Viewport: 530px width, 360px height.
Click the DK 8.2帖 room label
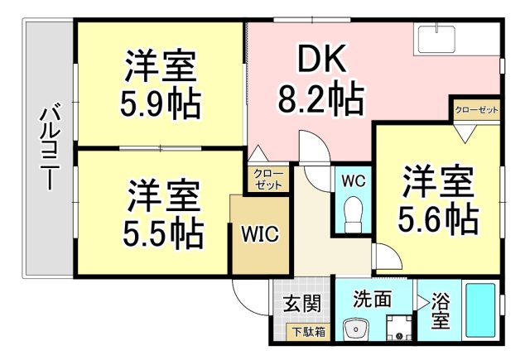[x=320, y=80]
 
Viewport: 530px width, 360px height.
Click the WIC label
[x=259, y=235]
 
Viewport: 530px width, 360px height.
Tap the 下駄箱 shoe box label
[x=307, y=332]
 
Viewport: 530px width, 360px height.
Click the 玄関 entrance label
[x=301, y=303]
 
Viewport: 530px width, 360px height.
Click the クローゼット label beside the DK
[x=477, y=109]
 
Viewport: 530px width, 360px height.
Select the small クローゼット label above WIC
[x=267, y=180]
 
